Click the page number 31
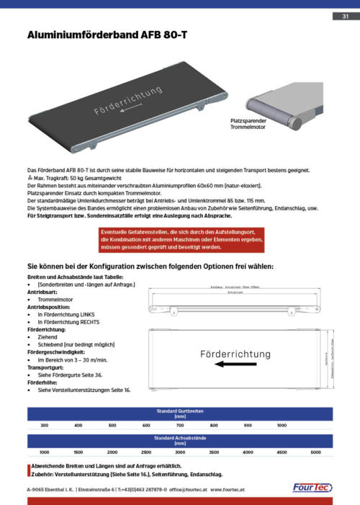coord(345,17)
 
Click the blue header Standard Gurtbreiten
coord(179,414)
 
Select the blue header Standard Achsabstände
coord(179,440)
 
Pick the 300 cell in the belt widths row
coord(44,426)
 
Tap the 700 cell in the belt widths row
coord(180,426)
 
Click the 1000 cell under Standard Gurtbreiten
coord(282,426)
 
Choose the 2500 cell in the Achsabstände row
coord(146,452)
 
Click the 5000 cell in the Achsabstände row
coord(315,452)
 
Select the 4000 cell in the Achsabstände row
coord(248,452)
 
